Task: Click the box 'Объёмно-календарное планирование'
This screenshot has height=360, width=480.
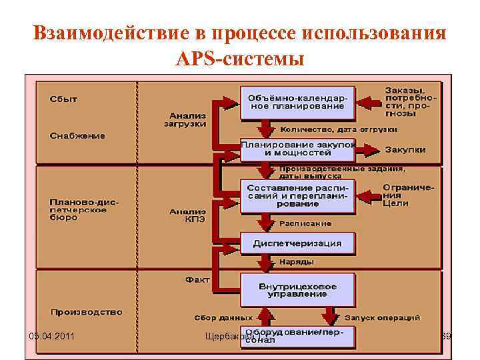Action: (297, 102)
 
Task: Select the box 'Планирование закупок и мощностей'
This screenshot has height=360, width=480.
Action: (297, 149)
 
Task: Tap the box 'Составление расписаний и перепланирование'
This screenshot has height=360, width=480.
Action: (297, 195)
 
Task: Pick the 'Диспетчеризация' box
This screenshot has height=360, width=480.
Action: (297, 243)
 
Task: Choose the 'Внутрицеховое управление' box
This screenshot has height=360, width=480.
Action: (297, 290)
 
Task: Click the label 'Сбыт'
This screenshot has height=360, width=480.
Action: (63, 99)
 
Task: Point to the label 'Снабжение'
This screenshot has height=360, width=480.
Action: (77, 135)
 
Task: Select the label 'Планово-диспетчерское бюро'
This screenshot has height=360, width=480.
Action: (78, 209)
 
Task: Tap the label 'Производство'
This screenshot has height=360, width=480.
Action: (86, 311)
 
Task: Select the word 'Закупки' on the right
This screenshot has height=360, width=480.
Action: (405, 150)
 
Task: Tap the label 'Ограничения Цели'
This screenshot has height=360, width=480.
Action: (408, 195)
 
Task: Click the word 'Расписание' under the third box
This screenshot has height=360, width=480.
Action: (305, 223)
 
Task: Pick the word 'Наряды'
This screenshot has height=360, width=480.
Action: (293, 261)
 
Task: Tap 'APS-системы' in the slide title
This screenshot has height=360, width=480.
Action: (239, 59)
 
